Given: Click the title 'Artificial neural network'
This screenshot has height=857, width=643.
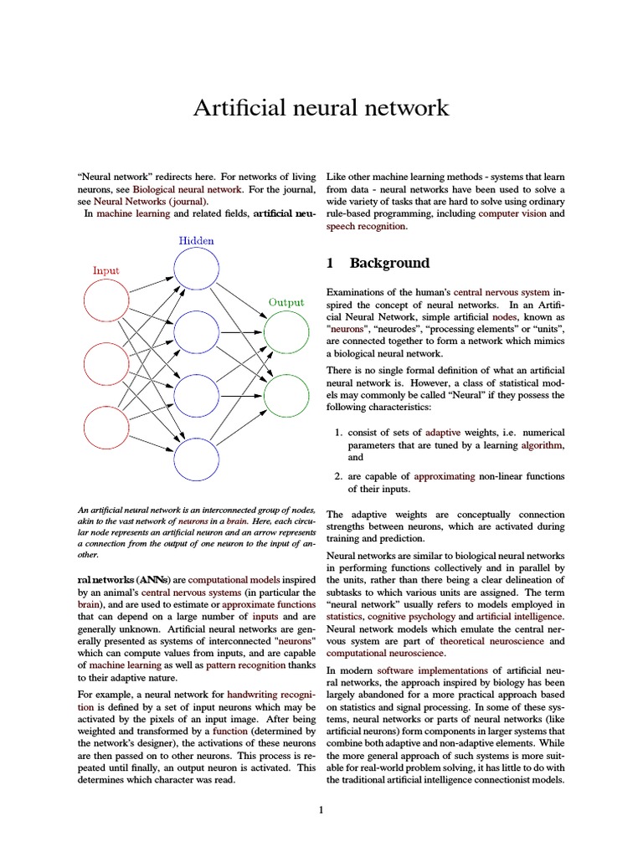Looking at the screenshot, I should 321,108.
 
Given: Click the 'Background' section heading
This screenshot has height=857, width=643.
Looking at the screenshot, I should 389,263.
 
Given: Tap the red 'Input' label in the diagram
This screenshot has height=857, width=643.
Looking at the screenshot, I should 105,270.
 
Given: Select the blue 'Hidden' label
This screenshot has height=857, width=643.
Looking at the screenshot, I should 196,241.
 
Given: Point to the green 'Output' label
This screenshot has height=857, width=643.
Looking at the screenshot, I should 286,302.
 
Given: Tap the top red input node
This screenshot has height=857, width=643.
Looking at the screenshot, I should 106,300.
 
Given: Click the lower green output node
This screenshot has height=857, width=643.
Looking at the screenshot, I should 286,395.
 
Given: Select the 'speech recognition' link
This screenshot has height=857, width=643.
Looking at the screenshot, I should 366,226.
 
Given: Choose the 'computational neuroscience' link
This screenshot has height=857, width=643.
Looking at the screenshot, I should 386,653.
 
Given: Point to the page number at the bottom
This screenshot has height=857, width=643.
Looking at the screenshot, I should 321,809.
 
